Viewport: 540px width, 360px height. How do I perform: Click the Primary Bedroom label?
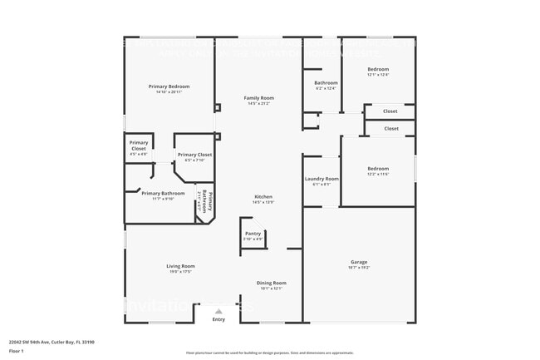(169, 86)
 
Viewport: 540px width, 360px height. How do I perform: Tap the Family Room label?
(258, 98)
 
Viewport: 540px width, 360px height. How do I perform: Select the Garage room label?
(359, 262)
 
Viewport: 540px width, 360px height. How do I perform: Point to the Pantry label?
(253, 234)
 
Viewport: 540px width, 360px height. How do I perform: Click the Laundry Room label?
(321, 179)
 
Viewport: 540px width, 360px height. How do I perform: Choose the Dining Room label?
(272, 283)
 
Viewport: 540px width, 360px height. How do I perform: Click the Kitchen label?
(263, 197)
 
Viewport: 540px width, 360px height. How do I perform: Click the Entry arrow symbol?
(218, 311)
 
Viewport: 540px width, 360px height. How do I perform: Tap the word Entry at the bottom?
(218, 319)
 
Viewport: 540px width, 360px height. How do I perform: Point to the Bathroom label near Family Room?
(326, 82)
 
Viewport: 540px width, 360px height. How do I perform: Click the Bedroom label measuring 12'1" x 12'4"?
(378, 69)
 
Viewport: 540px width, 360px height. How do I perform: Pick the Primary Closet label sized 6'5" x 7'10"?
(194, 155)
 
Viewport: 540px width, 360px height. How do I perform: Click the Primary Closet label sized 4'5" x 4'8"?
(139, 145)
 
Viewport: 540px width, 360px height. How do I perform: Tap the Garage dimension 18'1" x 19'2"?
(359, 268)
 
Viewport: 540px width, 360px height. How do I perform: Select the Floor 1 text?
(17, 352)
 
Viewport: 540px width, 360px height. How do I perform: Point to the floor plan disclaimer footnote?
(269, 353)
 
